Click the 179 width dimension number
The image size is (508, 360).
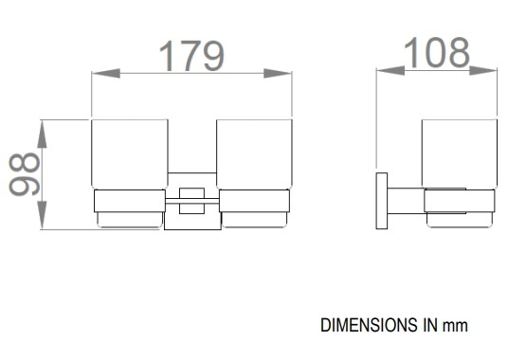click(191, 56)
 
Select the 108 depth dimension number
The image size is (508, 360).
click(436, 52)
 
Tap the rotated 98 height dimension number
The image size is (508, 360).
click(24, 174)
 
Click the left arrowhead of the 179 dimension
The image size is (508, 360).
click(106, 74)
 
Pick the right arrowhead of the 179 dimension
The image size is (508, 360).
click(278, 74)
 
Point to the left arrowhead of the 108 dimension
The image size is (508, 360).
click(390, 70)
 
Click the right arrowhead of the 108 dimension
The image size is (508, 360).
click(482, 70)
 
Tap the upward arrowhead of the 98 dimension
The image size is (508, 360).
click(42, 134)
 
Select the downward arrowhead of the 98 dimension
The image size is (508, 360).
click(42, 215)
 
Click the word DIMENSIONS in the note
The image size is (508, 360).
click(369, 325)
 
